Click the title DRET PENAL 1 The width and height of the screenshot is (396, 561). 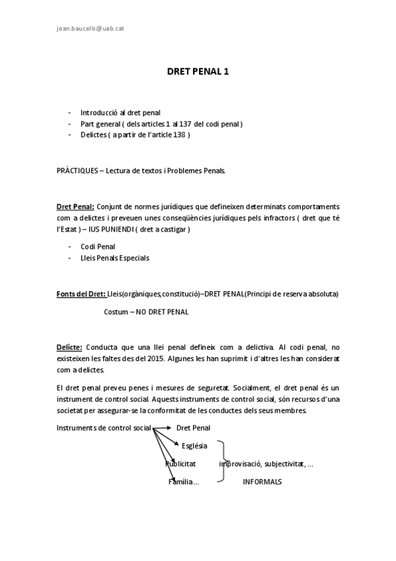click(198, 73)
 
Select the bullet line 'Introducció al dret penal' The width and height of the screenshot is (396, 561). click(120, 112)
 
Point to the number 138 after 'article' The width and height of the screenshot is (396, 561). click(179, 135)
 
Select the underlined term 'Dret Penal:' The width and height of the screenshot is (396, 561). click(75, 206)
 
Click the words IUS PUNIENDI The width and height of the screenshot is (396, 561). click(116, 229)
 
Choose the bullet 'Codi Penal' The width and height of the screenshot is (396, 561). click(98, 247)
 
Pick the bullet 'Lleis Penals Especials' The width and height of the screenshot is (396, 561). click(114, 258)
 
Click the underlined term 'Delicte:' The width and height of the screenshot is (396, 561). click(69, 346)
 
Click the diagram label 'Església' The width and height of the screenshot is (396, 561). click(194, 445)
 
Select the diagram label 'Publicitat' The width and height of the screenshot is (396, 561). click(180, 464)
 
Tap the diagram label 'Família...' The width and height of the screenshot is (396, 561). click(184, 482)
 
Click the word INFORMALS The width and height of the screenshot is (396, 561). click(262, 482)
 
